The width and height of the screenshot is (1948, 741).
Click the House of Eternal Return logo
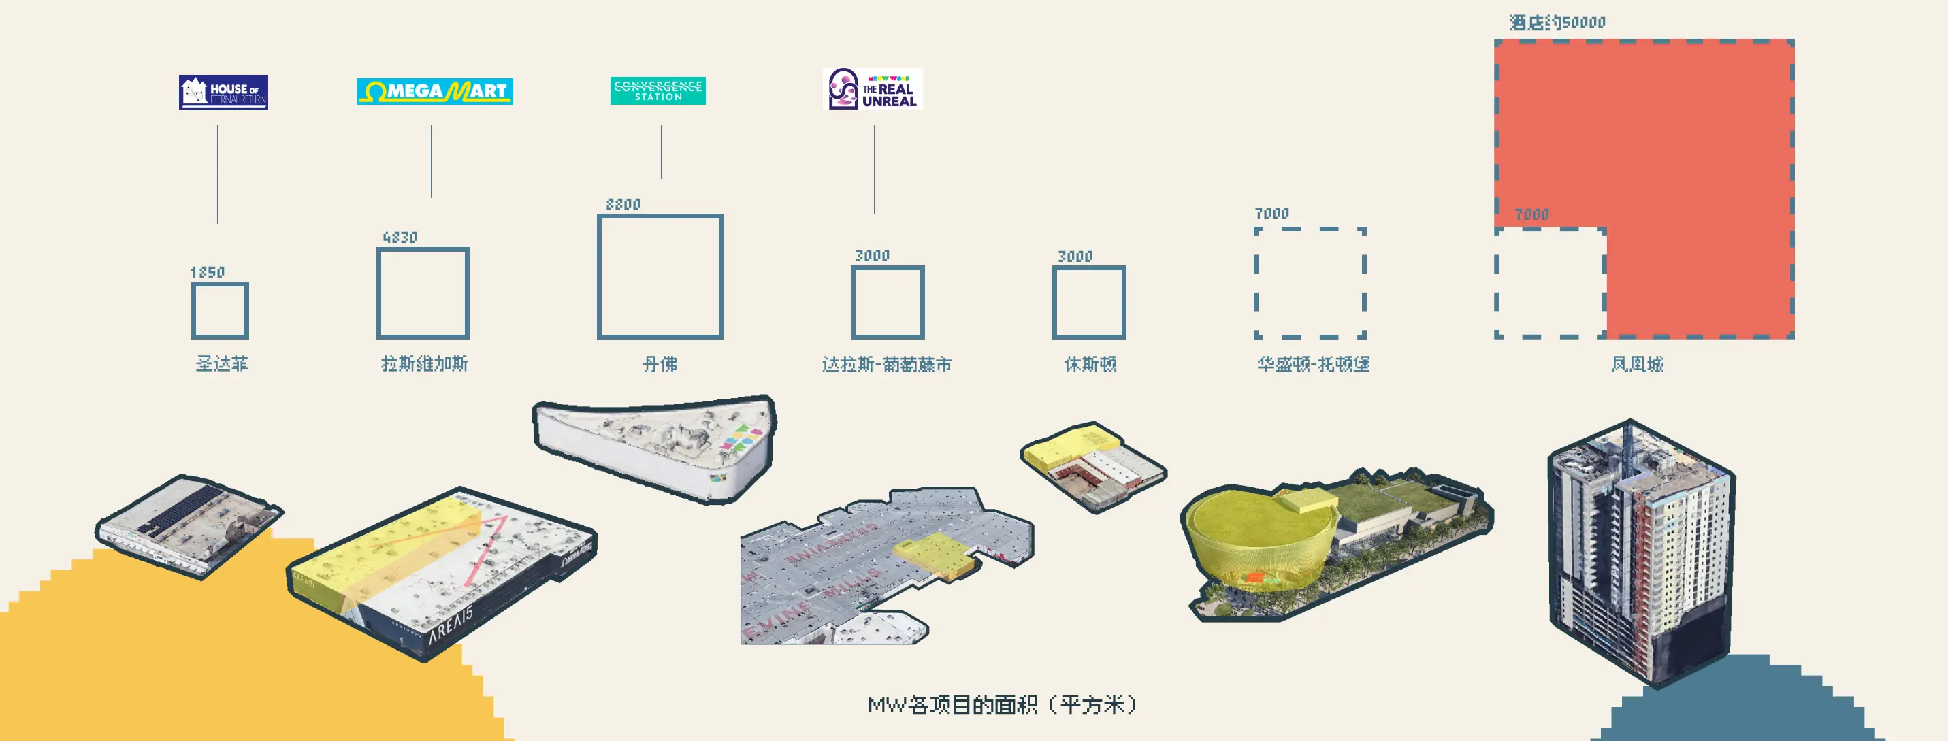coord(223,93)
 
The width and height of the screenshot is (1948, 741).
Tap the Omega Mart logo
coord(434,91)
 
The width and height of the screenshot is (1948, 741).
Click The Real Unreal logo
coord(873,89)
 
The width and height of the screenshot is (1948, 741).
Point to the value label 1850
coord(207,272)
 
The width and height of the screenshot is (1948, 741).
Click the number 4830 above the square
coord(400,237)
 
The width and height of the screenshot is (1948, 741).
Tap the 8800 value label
coord(623,204)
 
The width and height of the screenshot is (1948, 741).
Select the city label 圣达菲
coord(222,363)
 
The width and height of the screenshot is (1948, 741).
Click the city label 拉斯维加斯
coord(424,363)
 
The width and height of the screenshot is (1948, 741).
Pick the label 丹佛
coord(660,365)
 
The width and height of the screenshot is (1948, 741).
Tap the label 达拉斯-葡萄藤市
coord(886,365)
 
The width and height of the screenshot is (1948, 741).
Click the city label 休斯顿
coord(1090,365)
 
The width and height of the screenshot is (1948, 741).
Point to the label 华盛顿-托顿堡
coord(1313,365)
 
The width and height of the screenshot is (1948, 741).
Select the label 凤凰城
coord(1637,365)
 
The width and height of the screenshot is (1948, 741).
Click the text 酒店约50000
coord(1557,22)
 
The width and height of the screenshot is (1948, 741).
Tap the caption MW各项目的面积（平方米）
coord(1002,705)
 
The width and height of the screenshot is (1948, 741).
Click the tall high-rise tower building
coord(1641,552)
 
